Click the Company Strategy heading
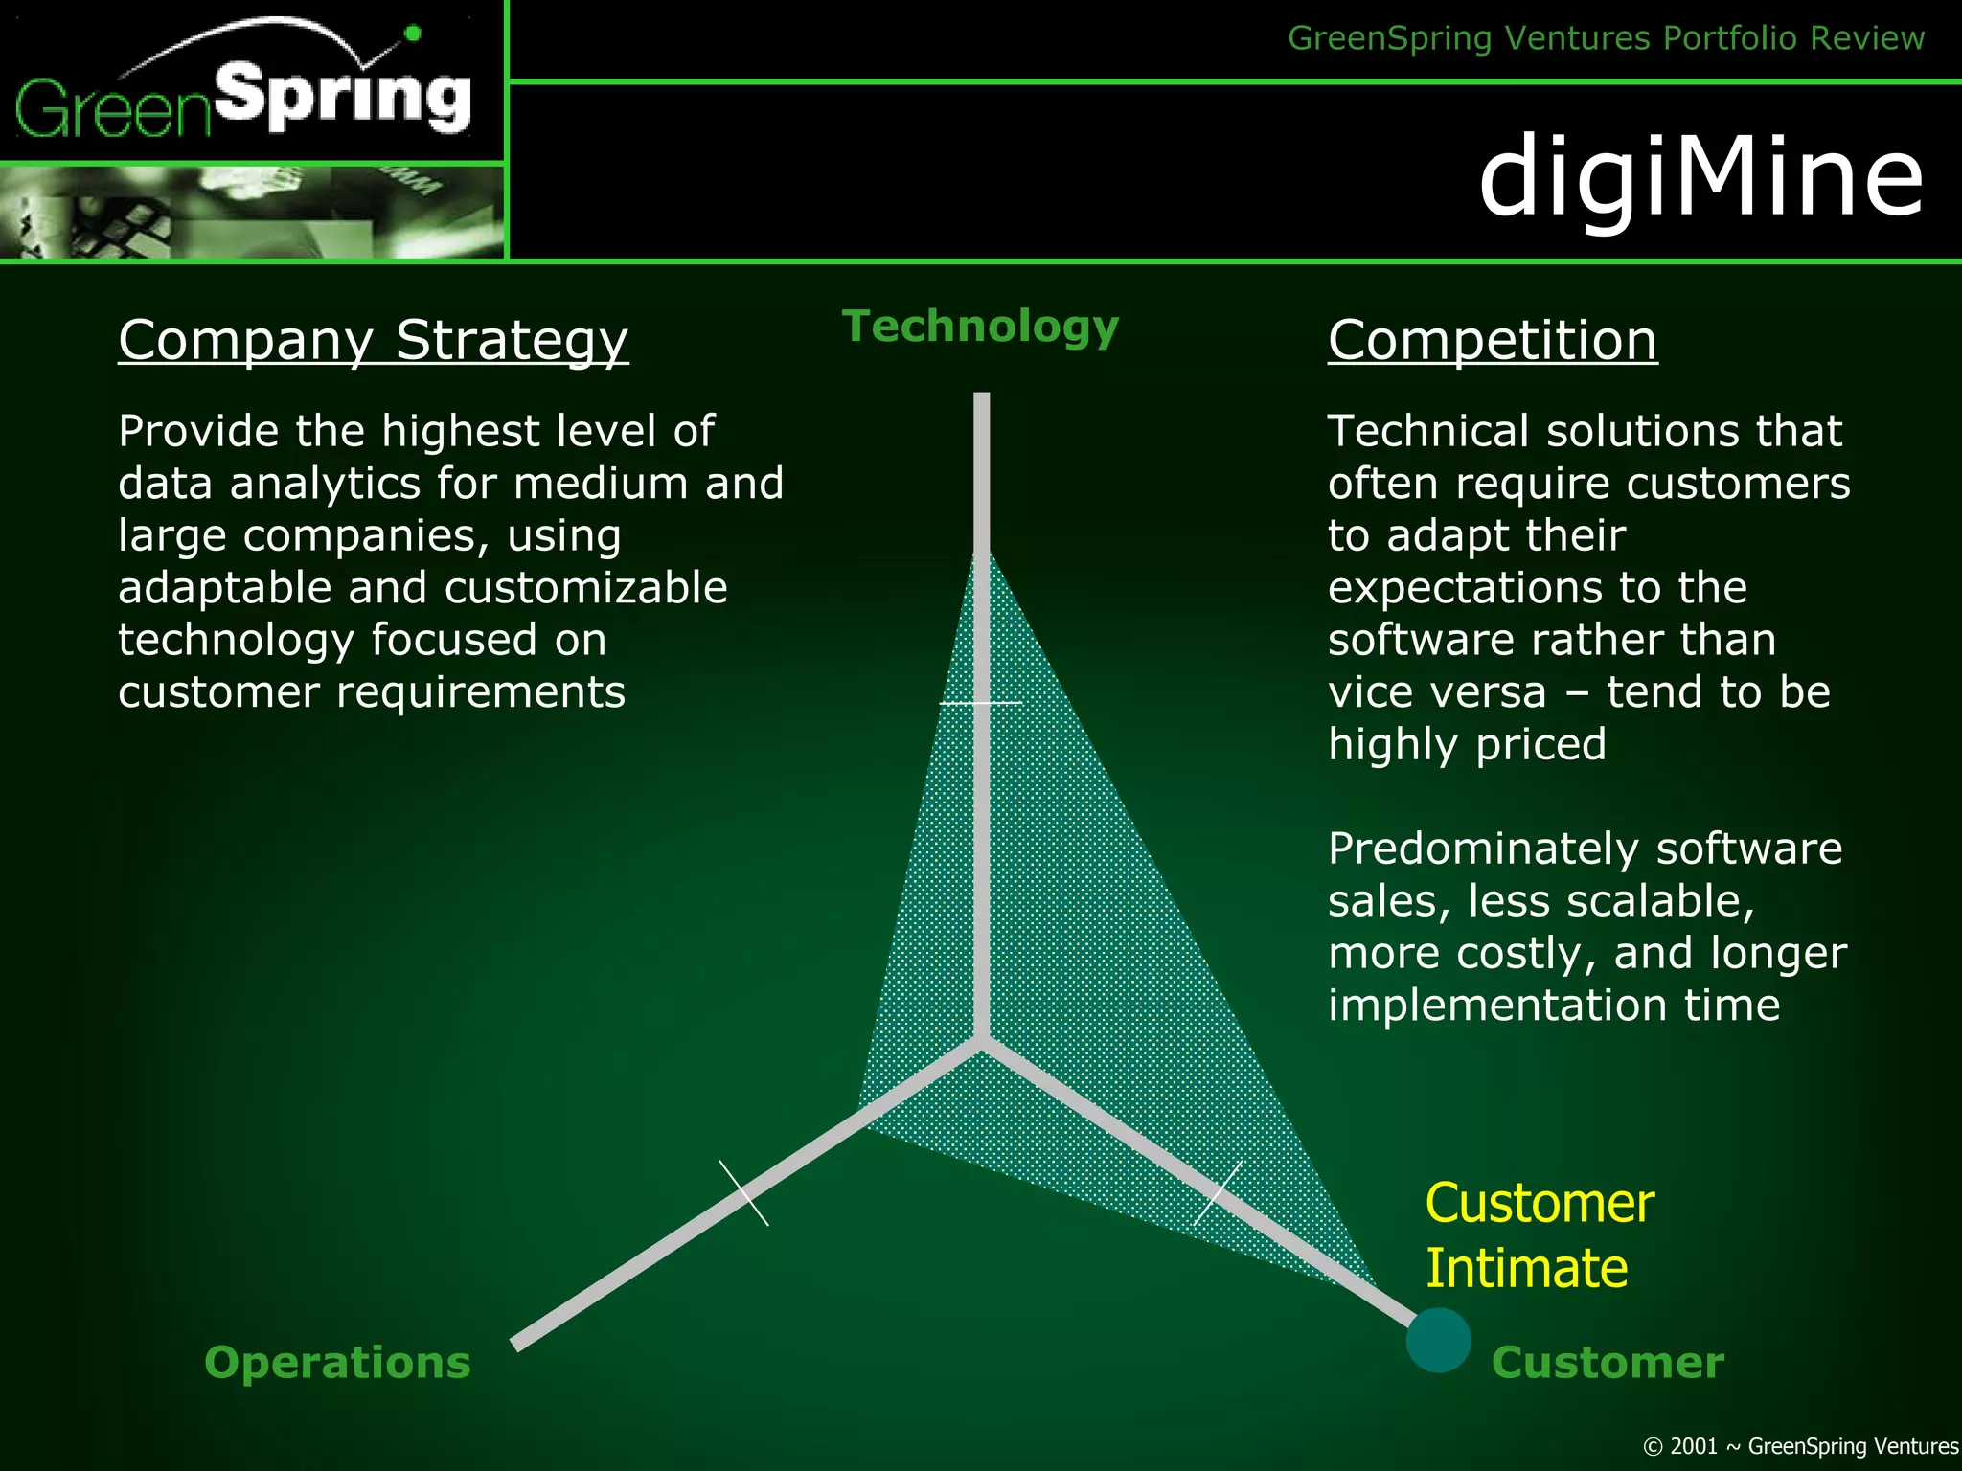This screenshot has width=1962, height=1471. tap(373, 340)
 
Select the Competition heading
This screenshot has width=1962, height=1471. tap(1492, 340)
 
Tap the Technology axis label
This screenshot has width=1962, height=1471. tap(980, 327)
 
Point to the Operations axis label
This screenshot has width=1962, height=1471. tap(337, 1362)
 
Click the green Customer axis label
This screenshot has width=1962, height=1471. tap(1607, 1362)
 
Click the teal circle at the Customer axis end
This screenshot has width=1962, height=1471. tap(1438, 1340)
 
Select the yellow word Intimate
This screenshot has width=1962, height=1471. tap(1526, 1268)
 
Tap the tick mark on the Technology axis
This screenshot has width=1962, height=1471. tap(980, 703)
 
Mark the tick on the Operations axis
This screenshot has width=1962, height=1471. tap(744, 1193)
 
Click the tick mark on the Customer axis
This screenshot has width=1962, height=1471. tap(1218, 1193)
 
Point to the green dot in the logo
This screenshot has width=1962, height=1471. tap(413, 34)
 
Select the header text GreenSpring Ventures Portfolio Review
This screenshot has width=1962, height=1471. tap(1606, 38)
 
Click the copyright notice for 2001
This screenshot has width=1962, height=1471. tap(1800, 1446)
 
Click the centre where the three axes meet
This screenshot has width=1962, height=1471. tap(980, 1042)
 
